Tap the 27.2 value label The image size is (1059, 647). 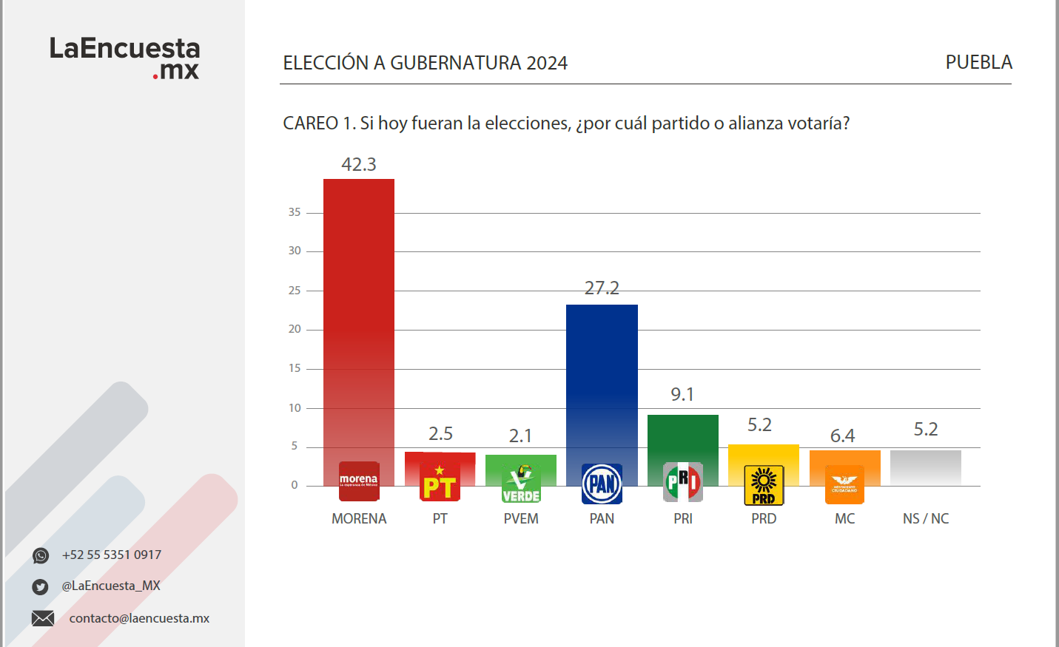[602, 288]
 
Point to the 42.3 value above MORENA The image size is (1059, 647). [359, 165]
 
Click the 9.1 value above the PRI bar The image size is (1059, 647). [682, 395]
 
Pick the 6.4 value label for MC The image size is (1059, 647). [842, 436]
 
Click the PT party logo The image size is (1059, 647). [440, 482]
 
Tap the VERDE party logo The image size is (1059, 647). [521, 484]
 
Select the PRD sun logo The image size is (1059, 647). [764, 485]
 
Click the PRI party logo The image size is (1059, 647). [683, 482]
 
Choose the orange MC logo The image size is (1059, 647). [844, 484]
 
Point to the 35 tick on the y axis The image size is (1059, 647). [295, 212]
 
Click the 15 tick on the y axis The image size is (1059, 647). [295, 368]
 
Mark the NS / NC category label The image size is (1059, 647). [926, 519]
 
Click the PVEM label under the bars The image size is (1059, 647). [521, 519]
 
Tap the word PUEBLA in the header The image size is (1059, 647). [978, 63]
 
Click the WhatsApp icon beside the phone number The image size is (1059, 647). [41, 555]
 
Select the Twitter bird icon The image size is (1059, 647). [41, 587]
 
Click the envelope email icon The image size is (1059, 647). [43, 618]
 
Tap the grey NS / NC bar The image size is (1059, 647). [926, 467]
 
